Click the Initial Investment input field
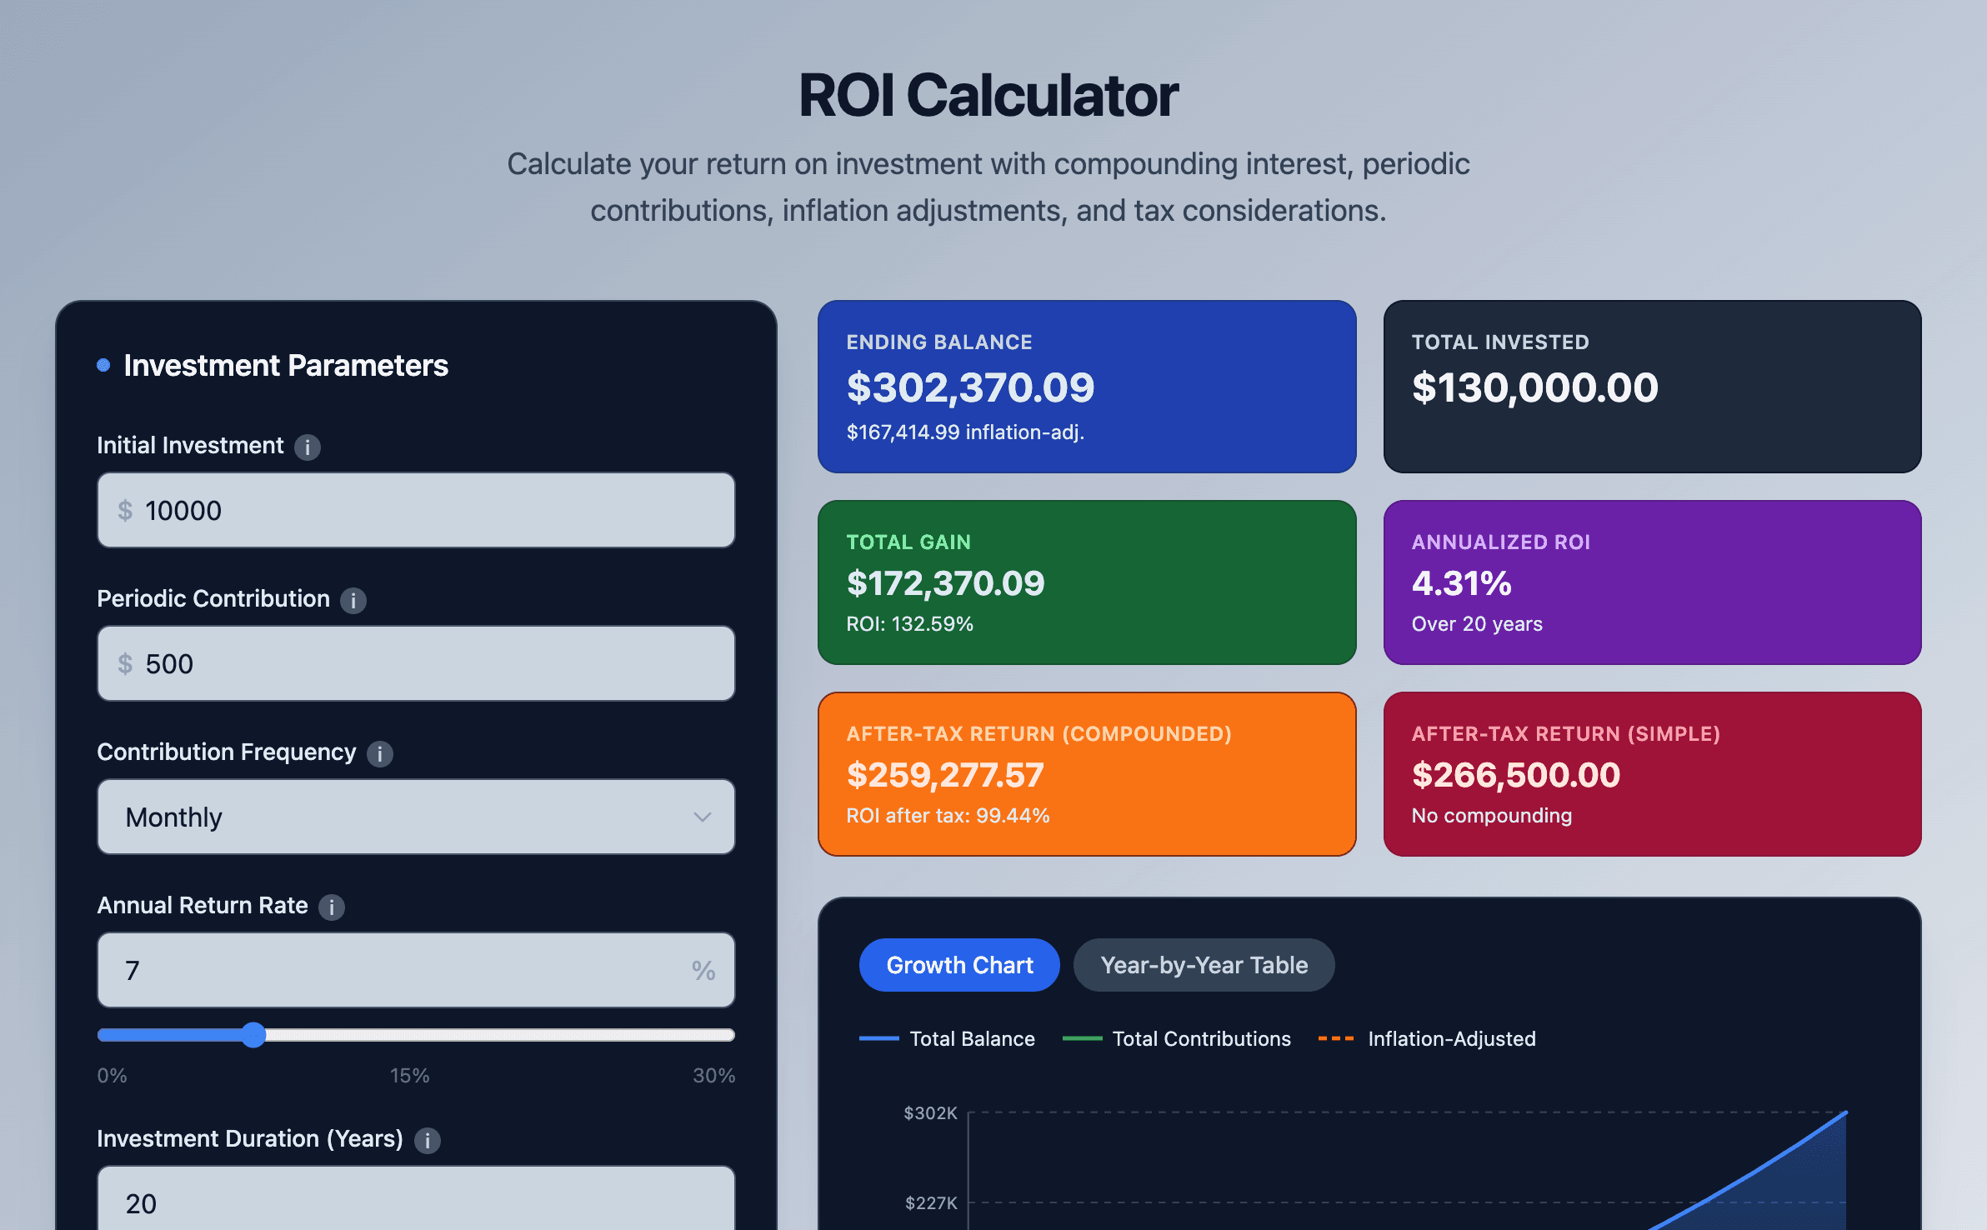[416, 510]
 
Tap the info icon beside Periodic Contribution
[353, 600]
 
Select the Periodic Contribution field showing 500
[416, 663]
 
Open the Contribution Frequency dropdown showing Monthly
[416, 817]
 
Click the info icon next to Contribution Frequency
[380, 753]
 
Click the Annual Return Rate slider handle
[253, 1035]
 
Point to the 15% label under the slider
[409, 1075]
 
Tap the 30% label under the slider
[713, 1075]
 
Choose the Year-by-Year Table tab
[1204, 965]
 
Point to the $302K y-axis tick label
[930, 1113]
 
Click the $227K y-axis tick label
[930, 1203]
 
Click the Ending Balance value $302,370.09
[970, 387]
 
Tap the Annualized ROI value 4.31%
[1461, 583]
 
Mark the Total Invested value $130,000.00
[1534, 387]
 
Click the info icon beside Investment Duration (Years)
[428, 1140]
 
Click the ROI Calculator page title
[988, 96]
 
